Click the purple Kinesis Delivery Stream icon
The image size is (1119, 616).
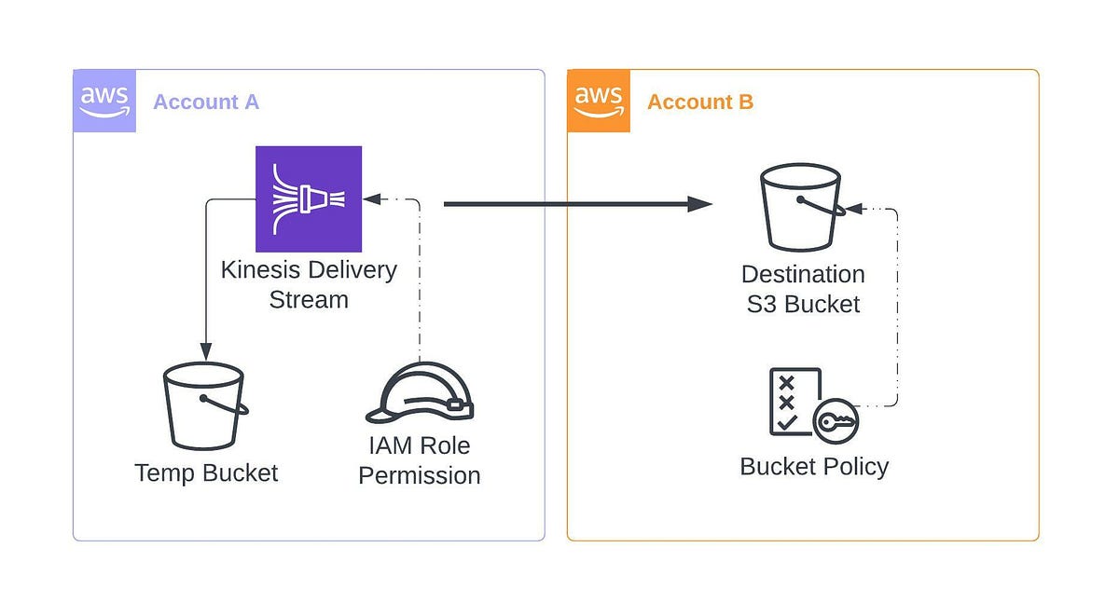pos(309,198)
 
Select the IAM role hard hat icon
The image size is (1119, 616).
pos(420,394)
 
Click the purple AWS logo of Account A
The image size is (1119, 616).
pos(104,101)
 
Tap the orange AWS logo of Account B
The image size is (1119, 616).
pos(599,101)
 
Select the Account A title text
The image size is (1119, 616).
pos(205,103)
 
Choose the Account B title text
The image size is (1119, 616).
pos(699,103)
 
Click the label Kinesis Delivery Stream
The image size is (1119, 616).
pos(309,284)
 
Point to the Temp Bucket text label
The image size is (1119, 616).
pos(206,472)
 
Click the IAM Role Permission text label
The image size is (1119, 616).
pos(420,460)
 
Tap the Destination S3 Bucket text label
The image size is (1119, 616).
pos(803,289)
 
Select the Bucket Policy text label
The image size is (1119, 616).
pos(814,466)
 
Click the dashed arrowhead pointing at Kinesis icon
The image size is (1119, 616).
pos(372,198)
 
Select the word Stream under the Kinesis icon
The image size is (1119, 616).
pos(309,300)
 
